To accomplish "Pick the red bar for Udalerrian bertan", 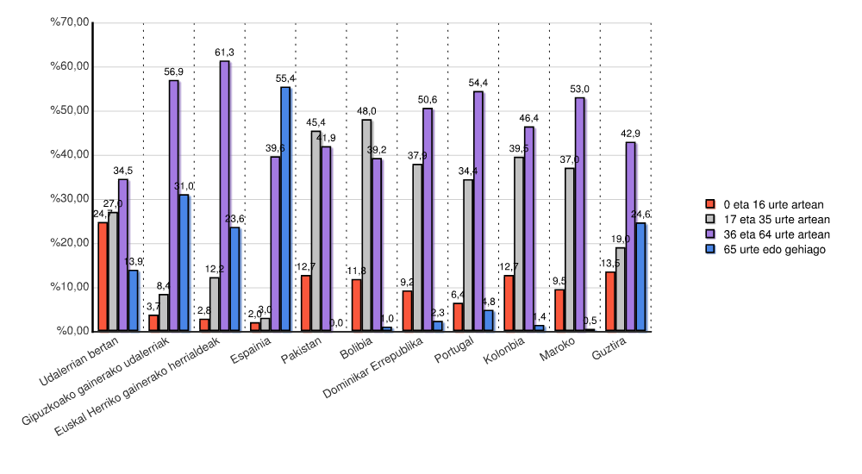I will tap(103, 277).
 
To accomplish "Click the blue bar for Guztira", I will tap(640, 277).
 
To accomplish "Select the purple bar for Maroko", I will tap(579, 215).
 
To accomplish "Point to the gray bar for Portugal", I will tap(468, 255).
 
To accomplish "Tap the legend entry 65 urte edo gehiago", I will tap(774, 249).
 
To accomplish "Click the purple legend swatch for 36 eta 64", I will tap(711, 234).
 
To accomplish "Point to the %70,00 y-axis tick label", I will tap(71, 22).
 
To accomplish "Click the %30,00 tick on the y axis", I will tap(71, 199).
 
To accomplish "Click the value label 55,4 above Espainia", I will tap(285, 78).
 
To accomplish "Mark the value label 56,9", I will tap(174, 72).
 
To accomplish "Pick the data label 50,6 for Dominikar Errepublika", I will tap(428, 100).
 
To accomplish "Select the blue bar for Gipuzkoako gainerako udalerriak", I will tap(184, 263).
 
